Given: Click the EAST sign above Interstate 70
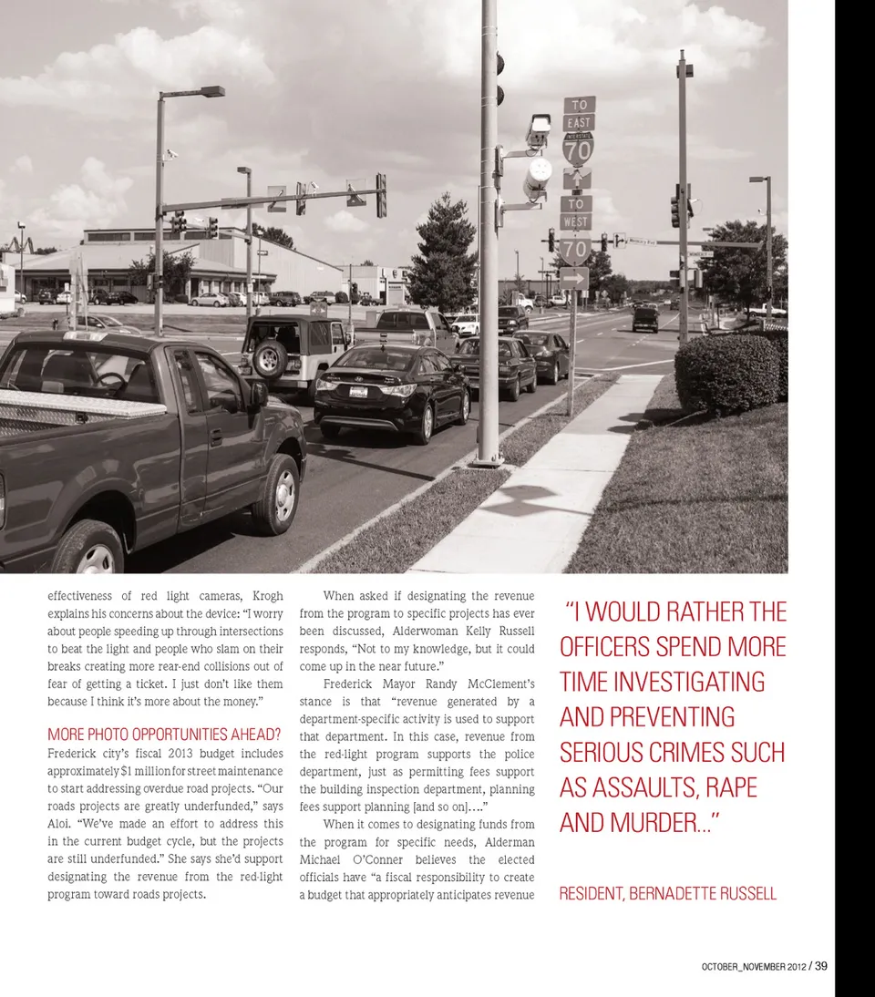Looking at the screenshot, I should pos(579,123).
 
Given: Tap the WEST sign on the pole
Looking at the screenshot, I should pos(576,222).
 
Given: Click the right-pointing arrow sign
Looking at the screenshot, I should pos(575,278).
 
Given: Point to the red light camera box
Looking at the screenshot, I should pos(540,130).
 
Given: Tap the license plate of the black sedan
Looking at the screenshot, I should pos(360,391).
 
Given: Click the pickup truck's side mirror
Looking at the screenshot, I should pos(259,394).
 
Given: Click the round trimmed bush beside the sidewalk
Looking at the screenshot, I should pos(726,373).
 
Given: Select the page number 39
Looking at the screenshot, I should pos(821,966).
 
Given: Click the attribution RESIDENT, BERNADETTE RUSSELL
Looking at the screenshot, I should pos(667,894).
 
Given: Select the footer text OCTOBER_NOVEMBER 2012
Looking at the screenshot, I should pos(754,967).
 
